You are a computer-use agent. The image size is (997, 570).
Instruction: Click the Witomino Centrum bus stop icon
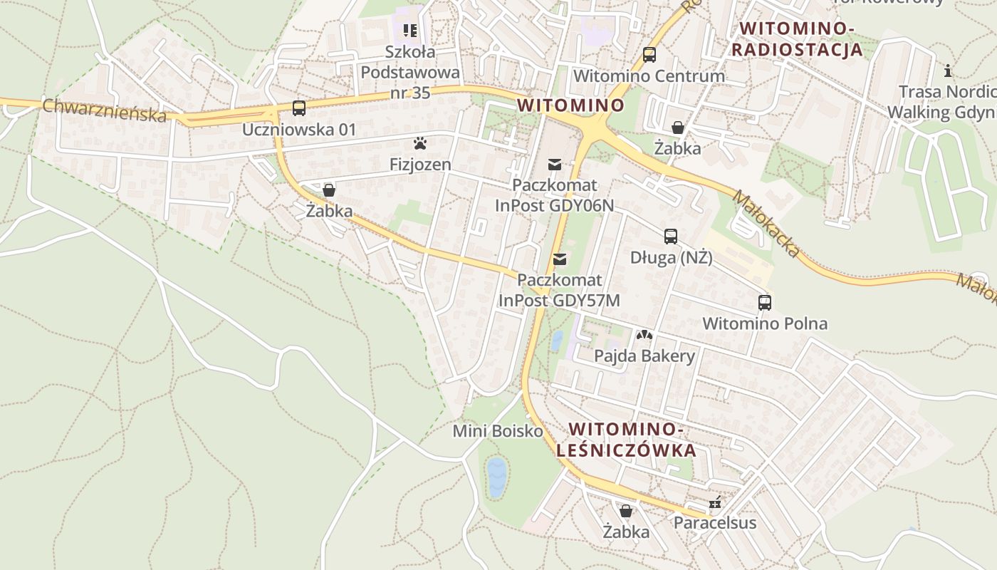click(649, 55)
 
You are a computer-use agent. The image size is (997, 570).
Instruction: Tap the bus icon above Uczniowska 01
click(299, 108)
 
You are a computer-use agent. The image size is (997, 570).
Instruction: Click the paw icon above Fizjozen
click(420, 144)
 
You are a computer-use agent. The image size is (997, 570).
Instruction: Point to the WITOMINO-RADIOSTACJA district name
click(797, 39)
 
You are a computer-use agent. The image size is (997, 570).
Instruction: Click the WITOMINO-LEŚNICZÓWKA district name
click(627, 440)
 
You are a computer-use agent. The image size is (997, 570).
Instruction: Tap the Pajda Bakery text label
click(644, 356)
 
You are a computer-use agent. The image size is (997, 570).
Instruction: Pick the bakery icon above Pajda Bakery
click(644, 334)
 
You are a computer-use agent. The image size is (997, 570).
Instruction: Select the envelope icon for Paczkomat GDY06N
click(554, 165)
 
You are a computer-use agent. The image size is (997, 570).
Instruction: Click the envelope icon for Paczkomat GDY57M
click(560, 259)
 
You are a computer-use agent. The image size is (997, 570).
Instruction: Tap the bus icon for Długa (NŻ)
click(671, 237)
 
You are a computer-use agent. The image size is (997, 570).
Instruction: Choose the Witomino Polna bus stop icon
click(765, 303)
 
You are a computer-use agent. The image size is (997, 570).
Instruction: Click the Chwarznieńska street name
click(104, 110)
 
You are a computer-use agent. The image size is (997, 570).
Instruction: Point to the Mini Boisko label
click(498, 431)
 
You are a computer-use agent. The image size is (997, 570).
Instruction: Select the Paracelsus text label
click(715, 522)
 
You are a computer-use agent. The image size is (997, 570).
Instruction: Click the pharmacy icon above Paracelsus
click(715, 503)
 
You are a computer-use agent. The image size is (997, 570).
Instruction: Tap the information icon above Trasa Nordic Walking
click(948, 71)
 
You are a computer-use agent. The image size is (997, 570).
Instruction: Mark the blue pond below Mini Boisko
click(496, 477)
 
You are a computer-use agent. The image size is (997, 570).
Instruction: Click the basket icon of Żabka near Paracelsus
click(625, 511)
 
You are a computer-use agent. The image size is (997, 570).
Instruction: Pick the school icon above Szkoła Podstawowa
click(410, 30)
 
